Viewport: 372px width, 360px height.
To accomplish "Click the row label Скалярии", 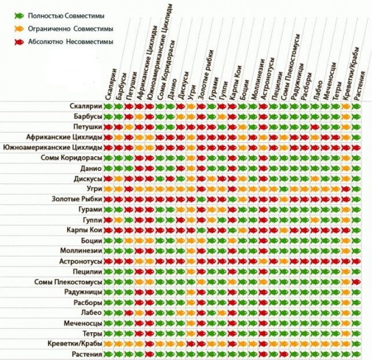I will [x=85, y=106].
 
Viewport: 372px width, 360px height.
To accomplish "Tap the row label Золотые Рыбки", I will [x=76, y=198].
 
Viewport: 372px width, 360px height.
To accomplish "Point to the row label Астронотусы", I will [x=80, y=261].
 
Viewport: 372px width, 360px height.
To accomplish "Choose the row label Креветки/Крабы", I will [x=75, y=344].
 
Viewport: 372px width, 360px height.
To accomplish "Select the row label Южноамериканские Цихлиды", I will [x=52, y=147].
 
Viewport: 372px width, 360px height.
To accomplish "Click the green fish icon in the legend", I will [x=19, y=16].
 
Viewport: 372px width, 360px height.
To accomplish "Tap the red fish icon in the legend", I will [x=19, y=42].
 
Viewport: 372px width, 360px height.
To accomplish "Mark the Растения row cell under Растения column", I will [x=356, y=354].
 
